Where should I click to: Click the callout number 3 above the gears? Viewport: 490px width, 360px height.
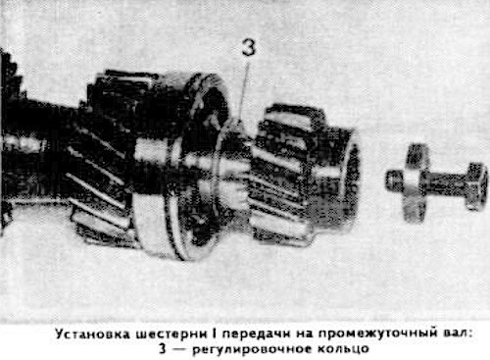coord(249,48)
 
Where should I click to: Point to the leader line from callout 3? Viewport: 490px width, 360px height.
coord(244,92)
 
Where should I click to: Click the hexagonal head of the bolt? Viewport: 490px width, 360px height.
coord(476,185)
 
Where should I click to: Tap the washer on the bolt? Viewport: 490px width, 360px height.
coord(414,183)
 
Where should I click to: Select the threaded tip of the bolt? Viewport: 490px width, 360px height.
coord(394,180)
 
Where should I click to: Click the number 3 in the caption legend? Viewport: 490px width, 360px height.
coord(163,349)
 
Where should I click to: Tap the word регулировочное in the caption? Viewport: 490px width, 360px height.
coord(253,349)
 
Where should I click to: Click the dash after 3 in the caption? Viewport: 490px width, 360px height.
coord(179,349)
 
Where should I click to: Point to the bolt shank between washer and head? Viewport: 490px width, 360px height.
coord(446,183)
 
